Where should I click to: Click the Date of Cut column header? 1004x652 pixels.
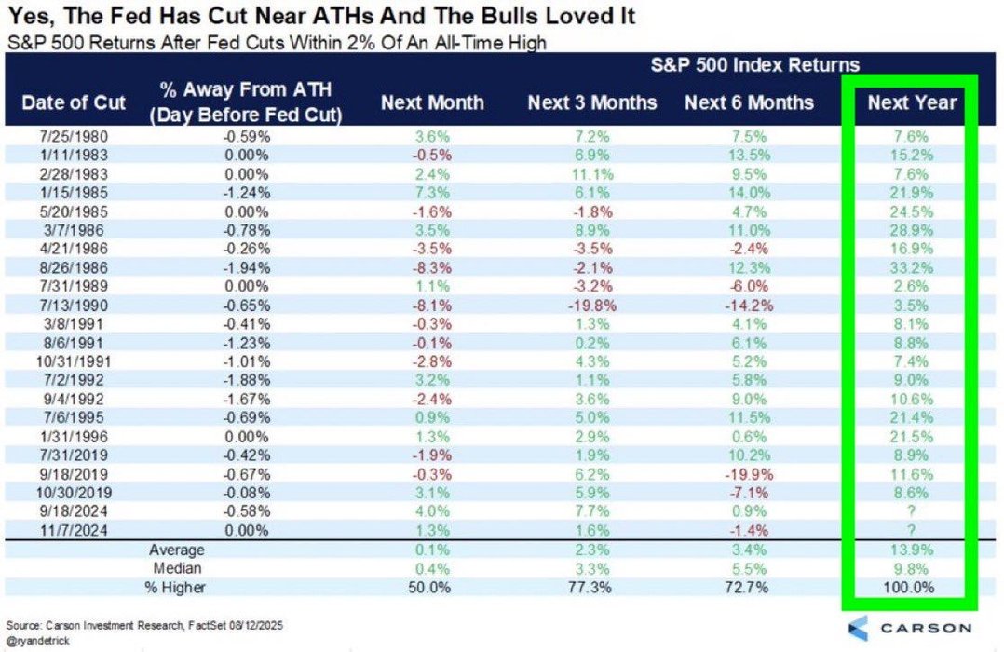pyautogui.click(x=73, y=102)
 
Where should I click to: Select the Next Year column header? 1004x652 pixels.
pyautogui.click(x=912, y=102)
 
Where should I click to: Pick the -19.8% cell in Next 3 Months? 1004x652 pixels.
pyautogui.click(x=586, y=304)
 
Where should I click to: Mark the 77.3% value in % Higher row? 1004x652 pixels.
pyautogui.click(x=586, y=588)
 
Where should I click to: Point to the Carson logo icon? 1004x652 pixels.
pyautogui.click(x=859, y=627)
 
